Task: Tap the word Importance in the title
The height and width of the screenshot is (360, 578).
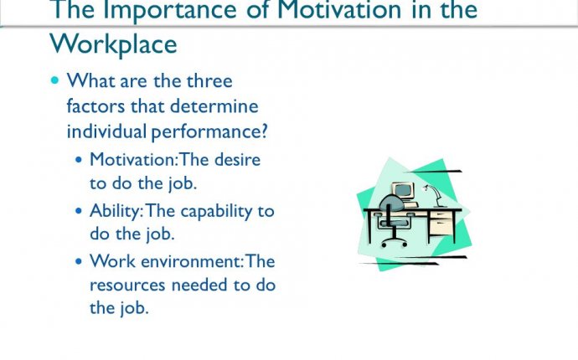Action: click(169, 10)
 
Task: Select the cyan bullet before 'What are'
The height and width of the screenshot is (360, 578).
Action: click(55, 80)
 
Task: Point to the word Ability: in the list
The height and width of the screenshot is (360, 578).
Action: click(116, 212)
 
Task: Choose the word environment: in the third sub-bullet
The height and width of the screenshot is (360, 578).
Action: click(192, 261)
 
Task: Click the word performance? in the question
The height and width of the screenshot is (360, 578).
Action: click(209, 132)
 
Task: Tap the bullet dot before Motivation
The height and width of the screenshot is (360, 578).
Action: click(79, 160)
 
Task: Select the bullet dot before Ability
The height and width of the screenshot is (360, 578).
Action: click(79, 211)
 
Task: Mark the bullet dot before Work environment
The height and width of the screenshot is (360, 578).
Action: click(79, 261)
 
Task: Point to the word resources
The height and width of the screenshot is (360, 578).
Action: click(127, 285)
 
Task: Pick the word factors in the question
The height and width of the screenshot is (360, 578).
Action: click(95, 106)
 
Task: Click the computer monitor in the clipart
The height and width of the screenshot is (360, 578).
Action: click(403, 191)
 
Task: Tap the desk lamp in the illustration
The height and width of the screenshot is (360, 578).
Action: click(434, 195)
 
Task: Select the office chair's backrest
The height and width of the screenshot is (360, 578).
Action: click(391, 203)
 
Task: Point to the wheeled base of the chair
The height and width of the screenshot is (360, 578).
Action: click(394, 242)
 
